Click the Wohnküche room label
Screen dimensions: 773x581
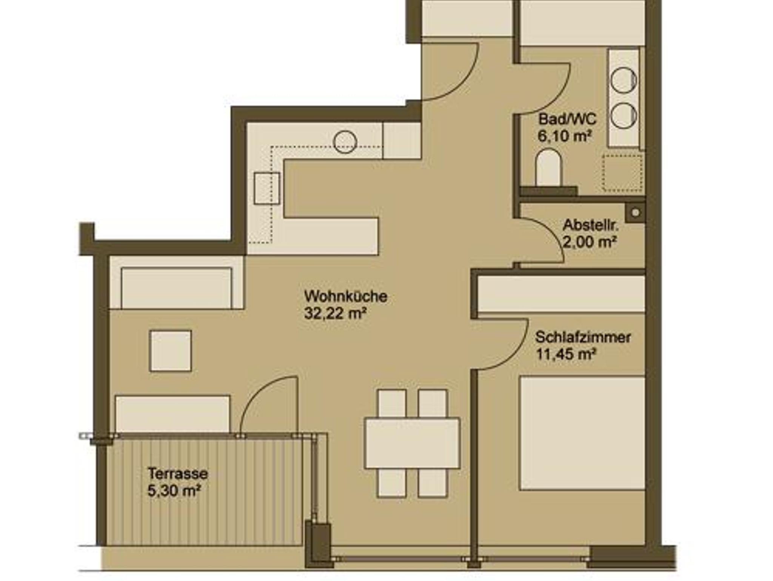point(346,297)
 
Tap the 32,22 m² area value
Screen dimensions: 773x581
point(336,314)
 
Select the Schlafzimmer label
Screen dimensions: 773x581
point(583,337)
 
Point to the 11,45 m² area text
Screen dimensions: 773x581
point(566,354)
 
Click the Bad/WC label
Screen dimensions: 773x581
point(567,119)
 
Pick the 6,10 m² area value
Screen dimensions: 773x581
point(564,136)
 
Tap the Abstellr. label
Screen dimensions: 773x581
point(591,225)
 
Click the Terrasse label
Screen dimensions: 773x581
point(178,474)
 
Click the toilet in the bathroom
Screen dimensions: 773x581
point(549,167)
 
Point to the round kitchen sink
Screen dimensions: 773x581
point(345,142)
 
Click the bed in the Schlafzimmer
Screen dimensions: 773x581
point(582,433)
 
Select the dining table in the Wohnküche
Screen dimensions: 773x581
point(412,443)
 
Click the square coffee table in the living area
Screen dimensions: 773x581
point(171,351)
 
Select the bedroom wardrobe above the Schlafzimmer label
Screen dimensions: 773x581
point(561,294)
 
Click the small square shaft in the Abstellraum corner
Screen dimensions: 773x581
point(636,213)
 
